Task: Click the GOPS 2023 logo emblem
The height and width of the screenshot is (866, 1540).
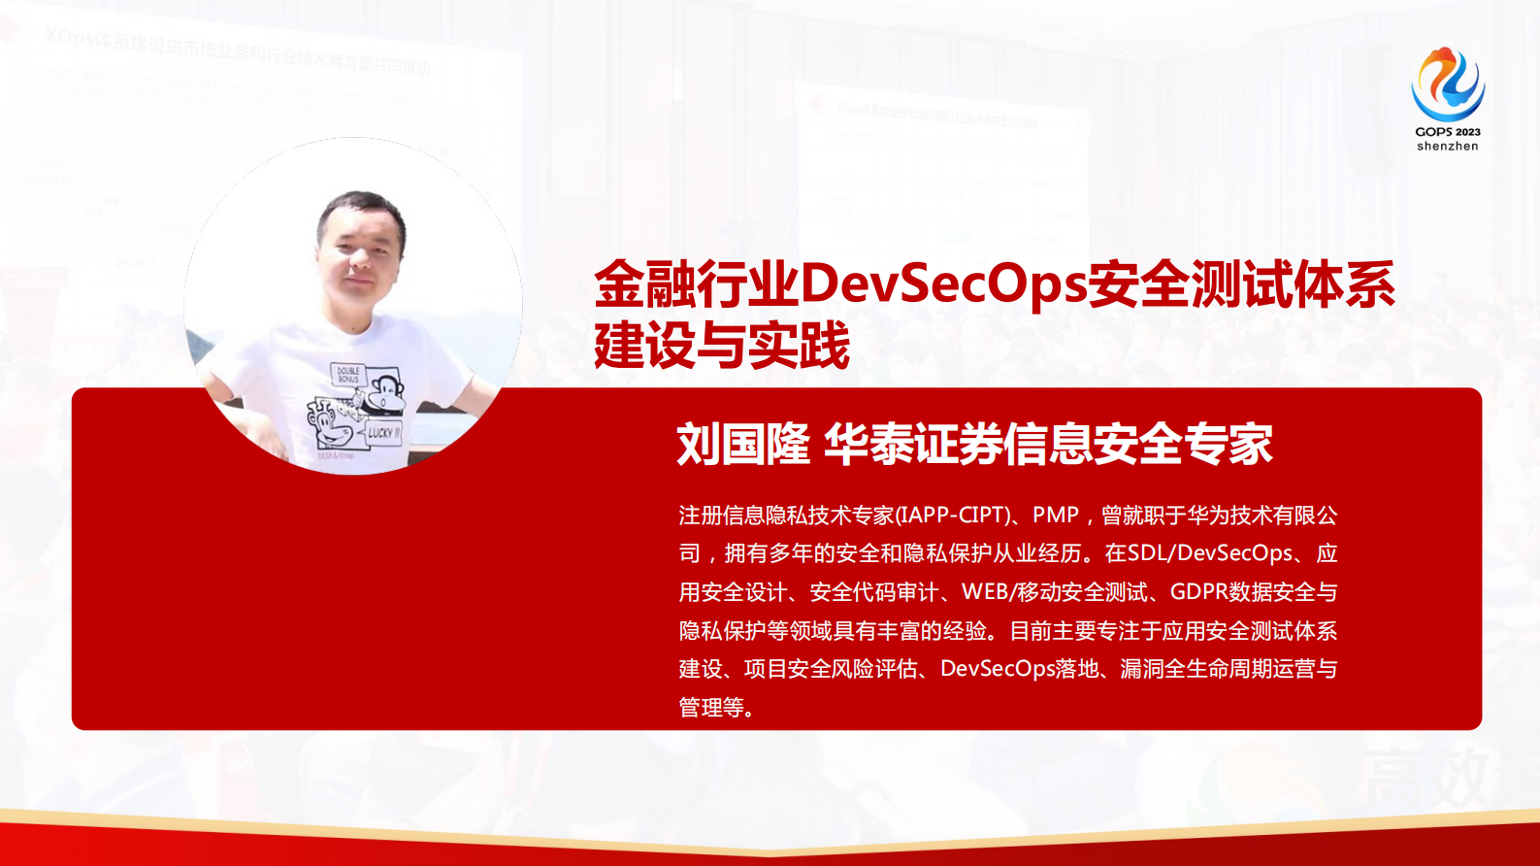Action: pyautogui.click(x=1447, y=84)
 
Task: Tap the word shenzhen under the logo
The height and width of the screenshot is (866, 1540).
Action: pyautogui.click(x=1447, y=147)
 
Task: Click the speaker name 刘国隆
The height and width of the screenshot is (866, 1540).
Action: pyautogui.click(x=742, y=445)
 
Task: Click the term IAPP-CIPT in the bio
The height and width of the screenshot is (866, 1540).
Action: pyautogui.click(x=952, y=516)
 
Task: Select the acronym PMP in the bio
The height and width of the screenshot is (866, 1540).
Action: pyautogui.click(x=1056, y=516)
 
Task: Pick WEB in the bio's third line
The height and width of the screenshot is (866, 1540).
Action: pyautogui.click(x=985, y=592)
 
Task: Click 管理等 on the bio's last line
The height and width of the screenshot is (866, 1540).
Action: pyautogui.click(x=711, y=708)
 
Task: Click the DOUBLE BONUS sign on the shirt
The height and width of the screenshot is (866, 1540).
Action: pyautogui.click(x=347, y=374)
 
